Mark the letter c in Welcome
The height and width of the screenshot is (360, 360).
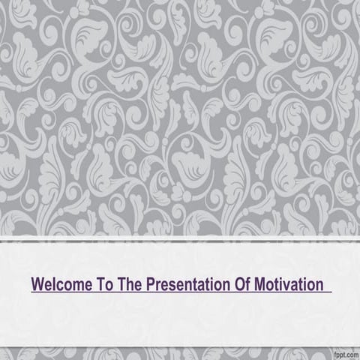59,286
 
